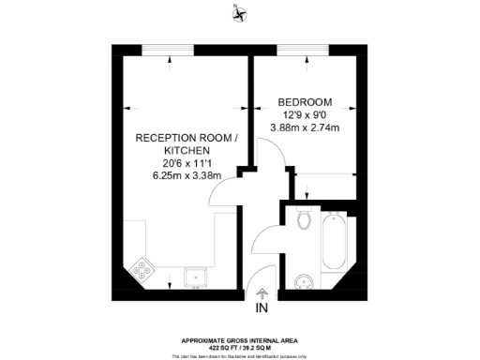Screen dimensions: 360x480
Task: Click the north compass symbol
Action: tap(242, 13)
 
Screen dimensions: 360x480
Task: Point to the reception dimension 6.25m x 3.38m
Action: tap(179, 174)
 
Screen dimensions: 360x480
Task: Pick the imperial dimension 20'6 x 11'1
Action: tap(179, 162)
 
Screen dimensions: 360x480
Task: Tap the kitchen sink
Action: tap(196, 276)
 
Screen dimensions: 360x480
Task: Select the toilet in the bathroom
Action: tap(302, 219)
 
